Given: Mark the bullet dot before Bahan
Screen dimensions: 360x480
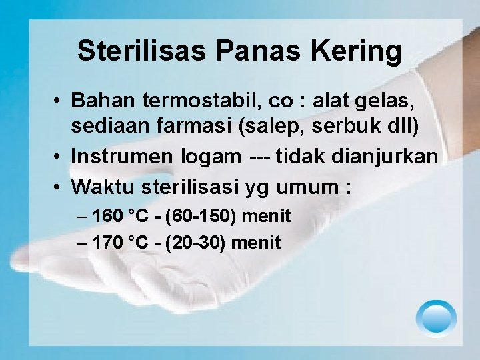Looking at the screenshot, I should coord(59,101).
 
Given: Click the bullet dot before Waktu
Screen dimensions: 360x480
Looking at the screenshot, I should coord(59,188).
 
